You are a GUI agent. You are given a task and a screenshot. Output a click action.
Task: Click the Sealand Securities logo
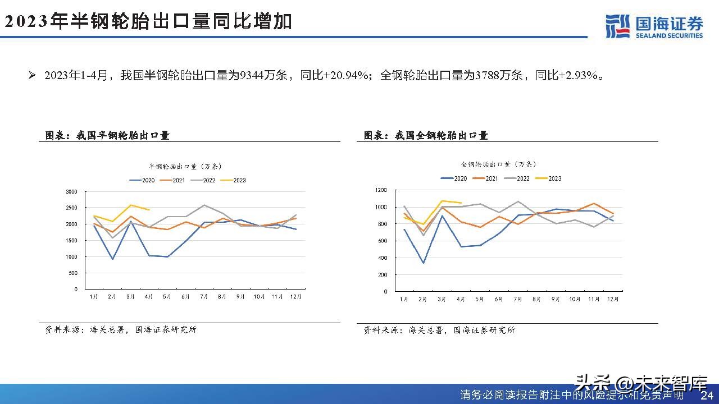(x=654, y=26)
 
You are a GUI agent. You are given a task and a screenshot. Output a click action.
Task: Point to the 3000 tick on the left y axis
(x=71, y=191)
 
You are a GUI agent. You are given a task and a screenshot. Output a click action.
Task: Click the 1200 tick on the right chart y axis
(x=381, y=190)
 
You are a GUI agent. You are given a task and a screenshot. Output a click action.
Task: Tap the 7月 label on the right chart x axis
(x=517, y=300)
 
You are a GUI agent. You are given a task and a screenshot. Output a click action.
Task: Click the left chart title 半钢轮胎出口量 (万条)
(x=185, y=166)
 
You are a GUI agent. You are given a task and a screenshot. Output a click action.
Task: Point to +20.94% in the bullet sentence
(x=347, y=75)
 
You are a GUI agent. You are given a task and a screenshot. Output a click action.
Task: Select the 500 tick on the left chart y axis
(x=73, y=273)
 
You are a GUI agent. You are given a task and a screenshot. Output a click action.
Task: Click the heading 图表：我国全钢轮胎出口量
(x=426, y=135)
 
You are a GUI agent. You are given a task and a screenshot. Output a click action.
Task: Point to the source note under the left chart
(x=121, y=330)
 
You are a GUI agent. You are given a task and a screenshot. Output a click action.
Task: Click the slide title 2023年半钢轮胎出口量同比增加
(x=148, y=22)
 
